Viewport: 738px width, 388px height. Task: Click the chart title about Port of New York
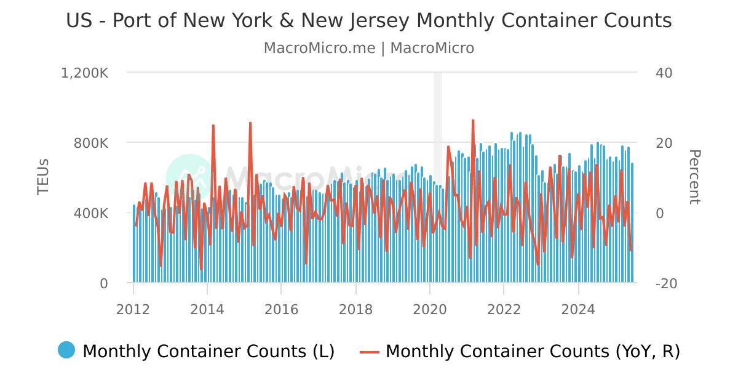tap(369, 21)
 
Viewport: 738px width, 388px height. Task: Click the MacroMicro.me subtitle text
tap(369, 48)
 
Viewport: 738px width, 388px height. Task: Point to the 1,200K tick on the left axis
tap(84, 73)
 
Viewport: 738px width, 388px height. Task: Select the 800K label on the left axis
tap(92, 143)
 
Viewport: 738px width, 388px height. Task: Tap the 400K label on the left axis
tap(92, 213)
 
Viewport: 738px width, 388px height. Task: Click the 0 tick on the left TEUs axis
tap(103, 283)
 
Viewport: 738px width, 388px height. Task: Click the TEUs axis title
tap(43, 177)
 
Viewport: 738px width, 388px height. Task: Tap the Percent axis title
tap(694, 177)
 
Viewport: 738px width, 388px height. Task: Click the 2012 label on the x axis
tap(133, 309)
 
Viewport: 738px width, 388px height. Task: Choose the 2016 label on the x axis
tap(281, 309)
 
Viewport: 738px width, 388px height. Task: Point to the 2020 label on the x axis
tap(429, 309)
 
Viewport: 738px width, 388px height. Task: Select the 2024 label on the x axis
tap(578, 309)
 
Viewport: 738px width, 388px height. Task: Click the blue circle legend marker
tap(66, 350)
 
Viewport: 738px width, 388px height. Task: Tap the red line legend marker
tap(370, 352)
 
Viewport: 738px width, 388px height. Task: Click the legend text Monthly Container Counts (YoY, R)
tap(533, 352)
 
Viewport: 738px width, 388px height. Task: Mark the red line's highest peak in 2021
tap(473, 121)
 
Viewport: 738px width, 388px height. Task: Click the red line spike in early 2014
tap(213, 126)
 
